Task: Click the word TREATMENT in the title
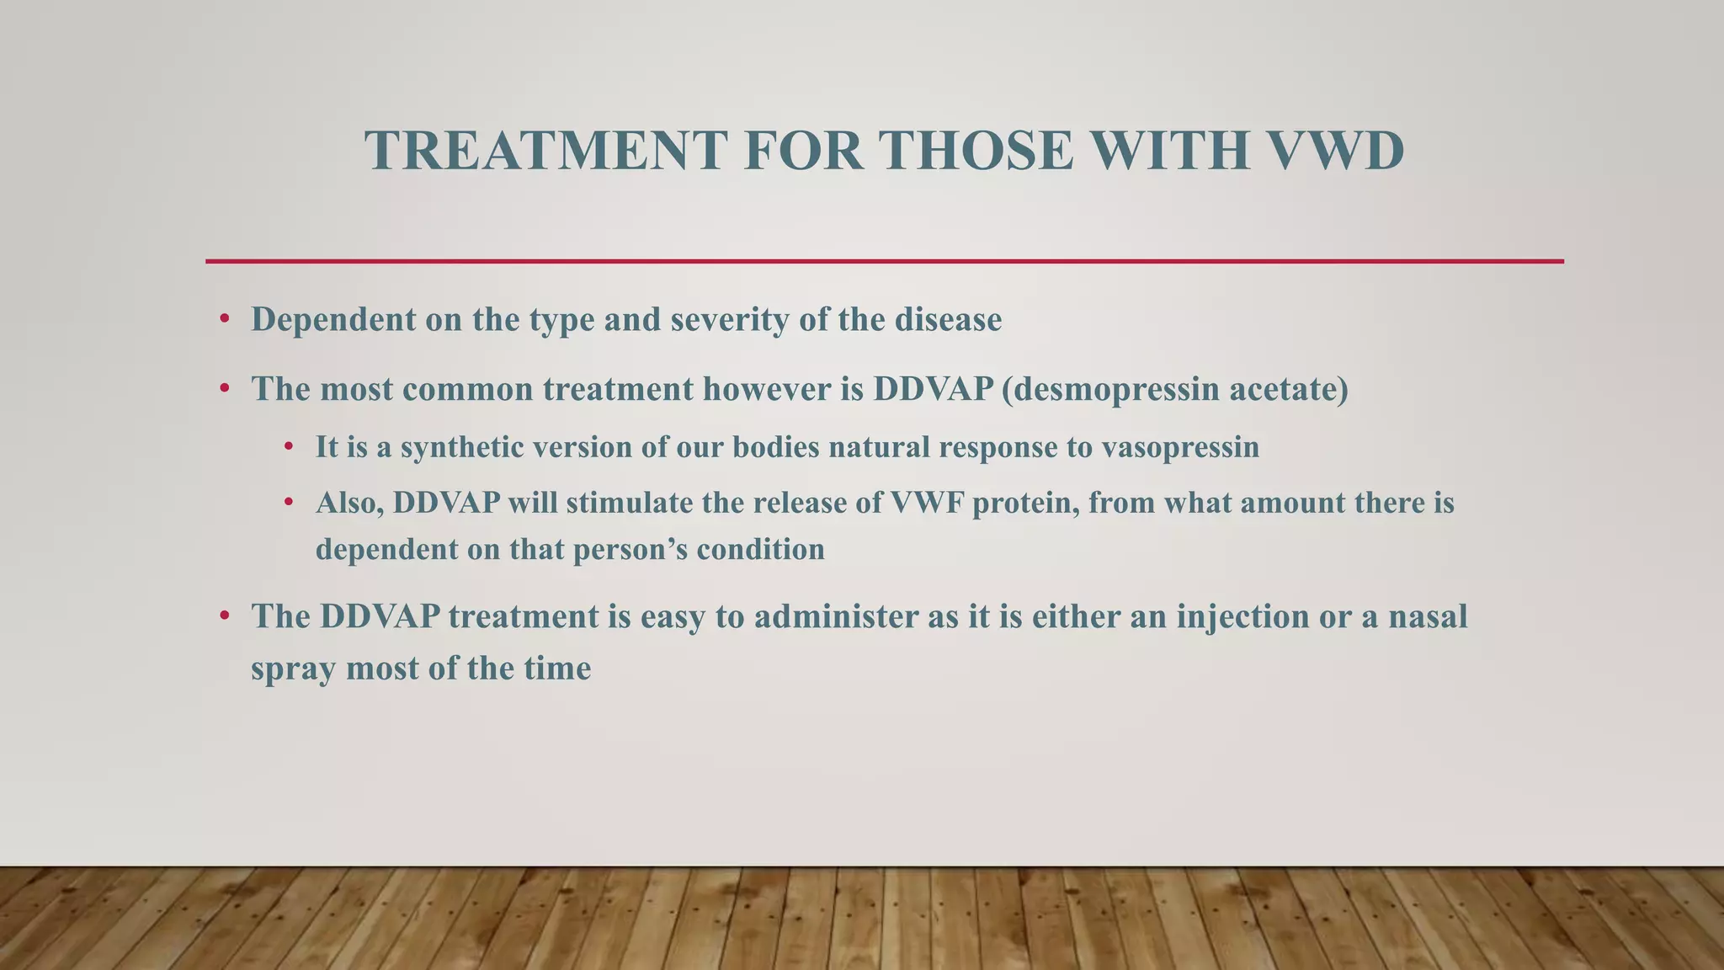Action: coord(545,151)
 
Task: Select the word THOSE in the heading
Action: coord(976,151)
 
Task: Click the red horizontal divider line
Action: coord(884,261)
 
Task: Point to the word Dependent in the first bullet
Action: coord(333,320)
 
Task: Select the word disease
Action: coord(948,320)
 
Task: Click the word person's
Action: coord(631,550)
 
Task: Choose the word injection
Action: coord(1242,616)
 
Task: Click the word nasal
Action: coord(1428,616)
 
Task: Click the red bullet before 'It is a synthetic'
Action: coord(289,445)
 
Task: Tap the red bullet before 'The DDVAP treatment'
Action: coord(224,616)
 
